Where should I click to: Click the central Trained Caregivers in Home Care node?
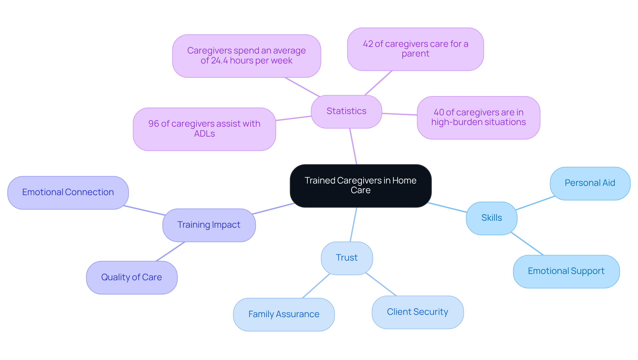tap(361, 185)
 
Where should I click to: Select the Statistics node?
tap(346, 111)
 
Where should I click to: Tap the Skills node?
tap(491, 218)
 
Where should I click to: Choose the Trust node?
tap(347, 258)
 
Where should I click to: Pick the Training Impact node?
tap(209, 225)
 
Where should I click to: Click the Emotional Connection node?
tap(68, 192)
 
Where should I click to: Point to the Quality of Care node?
tap(132, 278)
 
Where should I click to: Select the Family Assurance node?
tap(284, 314)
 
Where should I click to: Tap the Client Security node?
tap(417, 312)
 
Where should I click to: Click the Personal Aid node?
tap(590, 183)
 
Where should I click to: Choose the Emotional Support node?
tap(566, 271)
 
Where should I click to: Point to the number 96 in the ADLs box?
tap(154, 124)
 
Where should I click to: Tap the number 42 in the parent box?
tap(368, 44)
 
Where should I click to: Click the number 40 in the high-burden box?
tap(439, 112)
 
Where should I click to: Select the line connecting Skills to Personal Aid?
tap(535, 203)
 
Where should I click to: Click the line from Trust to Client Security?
tap(381, 284)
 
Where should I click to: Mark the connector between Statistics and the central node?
tap(353, 146)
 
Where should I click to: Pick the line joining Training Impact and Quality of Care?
tap(170, 252)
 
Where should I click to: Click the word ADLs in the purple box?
tap(204, 134)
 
